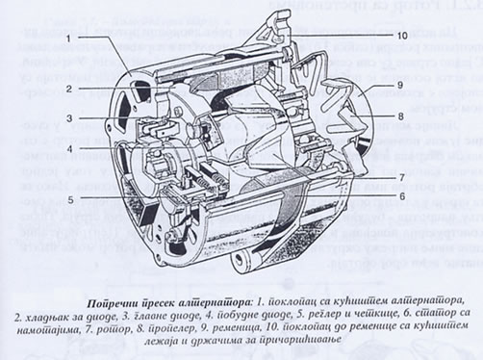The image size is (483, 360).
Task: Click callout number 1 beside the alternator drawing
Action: click(x=70, y=37)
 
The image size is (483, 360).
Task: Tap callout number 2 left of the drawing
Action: click(x=70, y=87)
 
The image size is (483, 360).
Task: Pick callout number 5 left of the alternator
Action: click(x=70, y=200)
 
